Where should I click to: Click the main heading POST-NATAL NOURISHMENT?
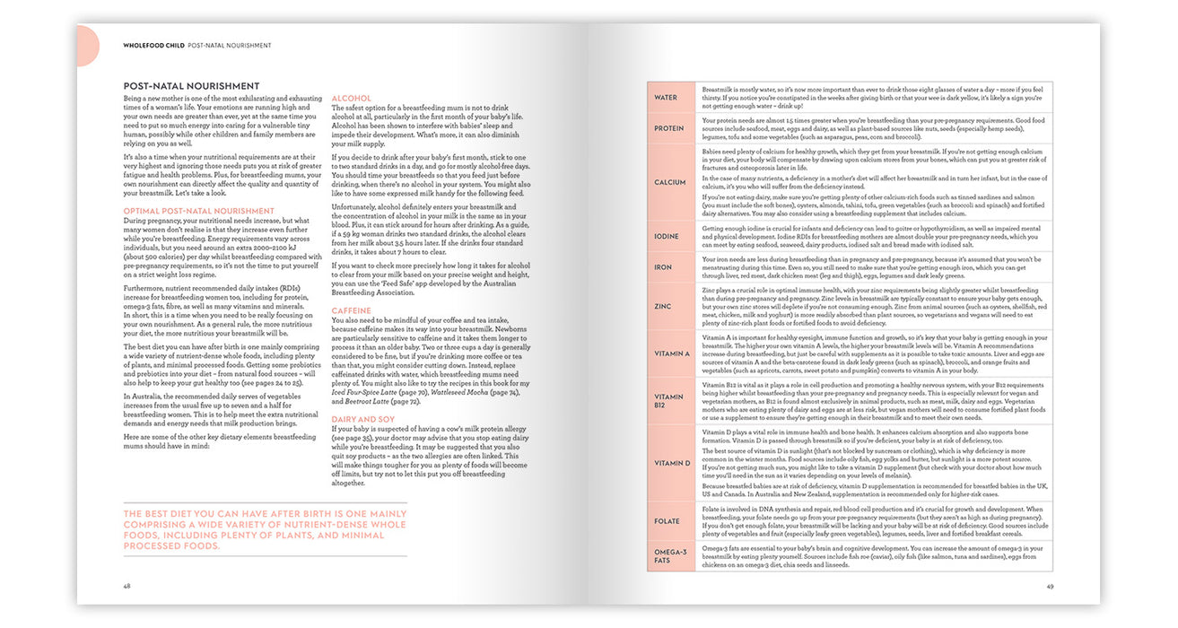tap(191, 86)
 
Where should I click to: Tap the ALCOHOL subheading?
tap(351, 99)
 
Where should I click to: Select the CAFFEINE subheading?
tap(352, 310)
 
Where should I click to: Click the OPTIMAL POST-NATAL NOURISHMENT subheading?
tap(187, 211)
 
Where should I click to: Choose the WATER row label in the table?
tap(666, 97)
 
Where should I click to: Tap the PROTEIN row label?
tap(669, 128)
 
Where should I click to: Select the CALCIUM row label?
tap(670, 182)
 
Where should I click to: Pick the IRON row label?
tap(664, 267)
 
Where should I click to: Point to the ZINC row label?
tap(664, 306)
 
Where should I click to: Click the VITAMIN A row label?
tap(673, 354)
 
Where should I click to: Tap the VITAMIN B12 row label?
tap(669, 401)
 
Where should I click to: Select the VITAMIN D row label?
tap(673, 463)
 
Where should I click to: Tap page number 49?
tap(1049, 587)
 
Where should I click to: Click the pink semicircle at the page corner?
tap(88, 45)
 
